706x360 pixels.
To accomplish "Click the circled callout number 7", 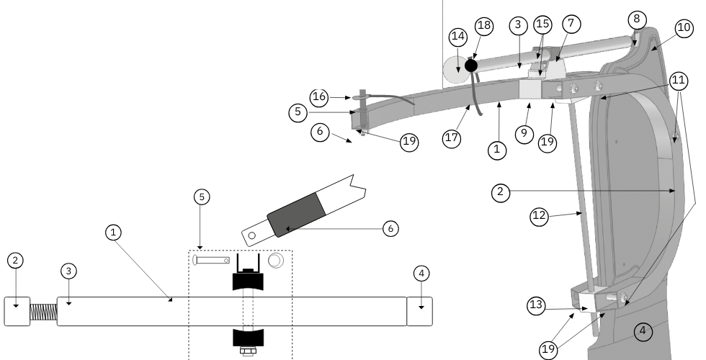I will coord(571,23).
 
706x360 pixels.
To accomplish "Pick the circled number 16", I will coord(319,96).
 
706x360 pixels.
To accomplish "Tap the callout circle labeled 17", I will coord(452,138).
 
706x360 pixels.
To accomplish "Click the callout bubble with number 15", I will coord(542,23).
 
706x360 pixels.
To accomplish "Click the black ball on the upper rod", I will coord(471,66).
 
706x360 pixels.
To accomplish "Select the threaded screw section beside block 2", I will coord(43,312).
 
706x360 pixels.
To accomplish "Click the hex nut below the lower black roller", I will coord(247,352).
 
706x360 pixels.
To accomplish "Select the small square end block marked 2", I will coord(17,312).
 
